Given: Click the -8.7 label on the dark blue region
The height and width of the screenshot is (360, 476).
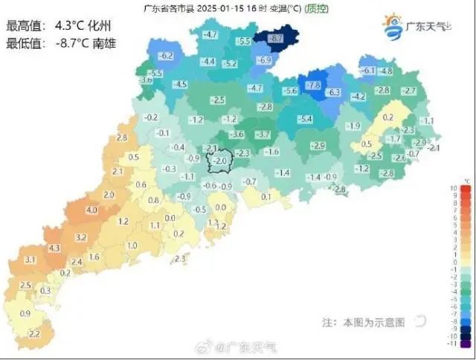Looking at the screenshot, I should (274, 37).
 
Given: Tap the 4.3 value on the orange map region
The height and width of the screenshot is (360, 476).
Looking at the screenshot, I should (54, 248).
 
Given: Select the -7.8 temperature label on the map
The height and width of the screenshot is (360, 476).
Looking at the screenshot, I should (313, 85).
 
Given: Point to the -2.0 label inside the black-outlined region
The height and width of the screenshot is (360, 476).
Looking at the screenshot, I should (219, 161).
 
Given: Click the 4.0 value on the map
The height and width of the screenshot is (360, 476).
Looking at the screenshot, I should (92, 210).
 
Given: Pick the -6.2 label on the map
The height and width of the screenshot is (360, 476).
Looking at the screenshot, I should (167, 56).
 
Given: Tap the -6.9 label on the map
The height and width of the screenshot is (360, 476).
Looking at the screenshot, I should (264, 60).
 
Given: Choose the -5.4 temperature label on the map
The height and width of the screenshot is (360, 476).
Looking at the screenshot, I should (305, 119).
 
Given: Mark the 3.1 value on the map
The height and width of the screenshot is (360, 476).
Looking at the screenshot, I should (30, 260).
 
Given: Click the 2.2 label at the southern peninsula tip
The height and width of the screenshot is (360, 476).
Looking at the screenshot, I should (33, 335).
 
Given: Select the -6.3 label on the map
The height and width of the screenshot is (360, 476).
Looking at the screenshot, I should (333, 92).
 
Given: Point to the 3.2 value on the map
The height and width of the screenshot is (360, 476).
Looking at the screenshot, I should (82, 237).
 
